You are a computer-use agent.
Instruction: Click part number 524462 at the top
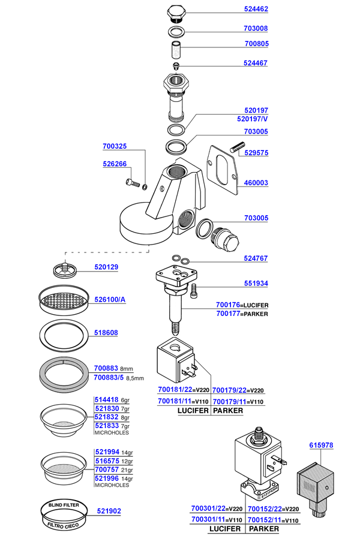256,10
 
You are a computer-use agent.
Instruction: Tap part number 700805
256,44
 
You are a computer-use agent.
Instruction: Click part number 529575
256,153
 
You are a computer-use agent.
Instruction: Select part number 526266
115,164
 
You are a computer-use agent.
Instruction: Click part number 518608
106,331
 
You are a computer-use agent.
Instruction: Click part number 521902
109,511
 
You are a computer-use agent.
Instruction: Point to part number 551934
256,284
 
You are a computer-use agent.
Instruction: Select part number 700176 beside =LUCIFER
228,305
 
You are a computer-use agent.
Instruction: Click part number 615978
321,445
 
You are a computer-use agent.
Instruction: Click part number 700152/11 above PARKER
264,520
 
